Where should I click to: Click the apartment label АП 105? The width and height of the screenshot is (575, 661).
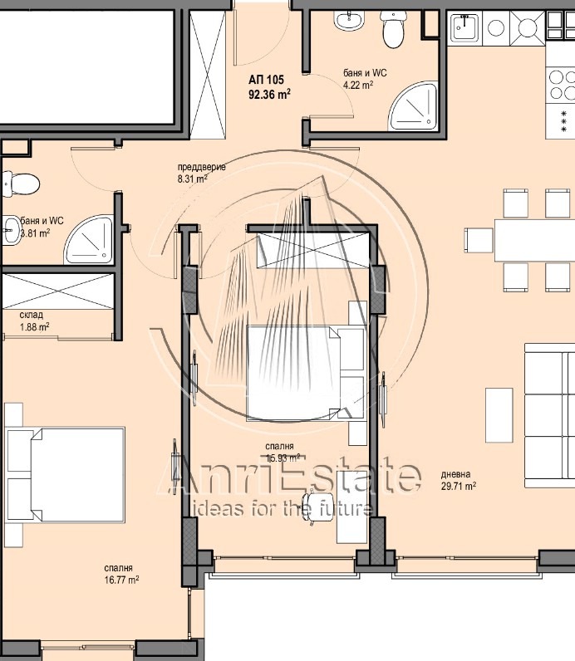point(266,80)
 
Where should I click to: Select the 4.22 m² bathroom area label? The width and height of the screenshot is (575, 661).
point(358,84)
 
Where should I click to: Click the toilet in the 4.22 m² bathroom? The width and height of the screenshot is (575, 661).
point(391,32)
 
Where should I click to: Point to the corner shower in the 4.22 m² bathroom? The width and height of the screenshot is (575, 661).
point(415,103)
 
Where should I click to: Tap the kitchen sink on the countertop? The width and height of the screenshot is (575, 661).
point(462,28)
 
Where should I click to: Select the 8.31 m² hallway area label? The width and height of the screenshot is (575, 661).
point(193,178)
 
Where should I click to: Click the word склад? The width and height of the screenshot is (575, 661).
point(32,316)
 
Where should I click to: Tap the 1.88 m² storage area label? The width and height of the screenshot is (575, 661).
point(34,327)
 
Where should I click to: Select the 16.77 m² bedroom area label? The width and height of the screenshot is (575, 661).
point(121,580)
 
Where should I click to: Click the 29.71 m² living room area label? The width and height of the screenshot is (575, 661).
point(459,487)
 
